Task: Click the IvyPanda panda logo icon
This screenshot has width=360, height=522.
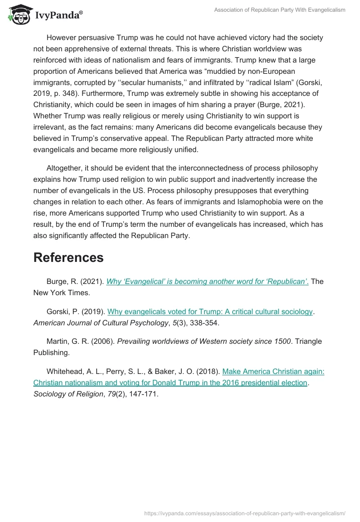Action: [x=18, y=14]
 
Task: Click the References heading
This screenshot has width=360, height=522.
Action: [x=68, y=257]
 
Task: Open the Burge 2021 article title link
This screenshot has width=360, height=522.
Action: [x=207, y=282]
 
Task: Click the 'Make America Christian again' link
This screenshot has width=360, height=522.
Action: [x=273, y=371]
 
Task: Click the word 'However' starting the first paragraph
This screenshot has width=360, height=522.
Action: [x=62, y=38]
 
